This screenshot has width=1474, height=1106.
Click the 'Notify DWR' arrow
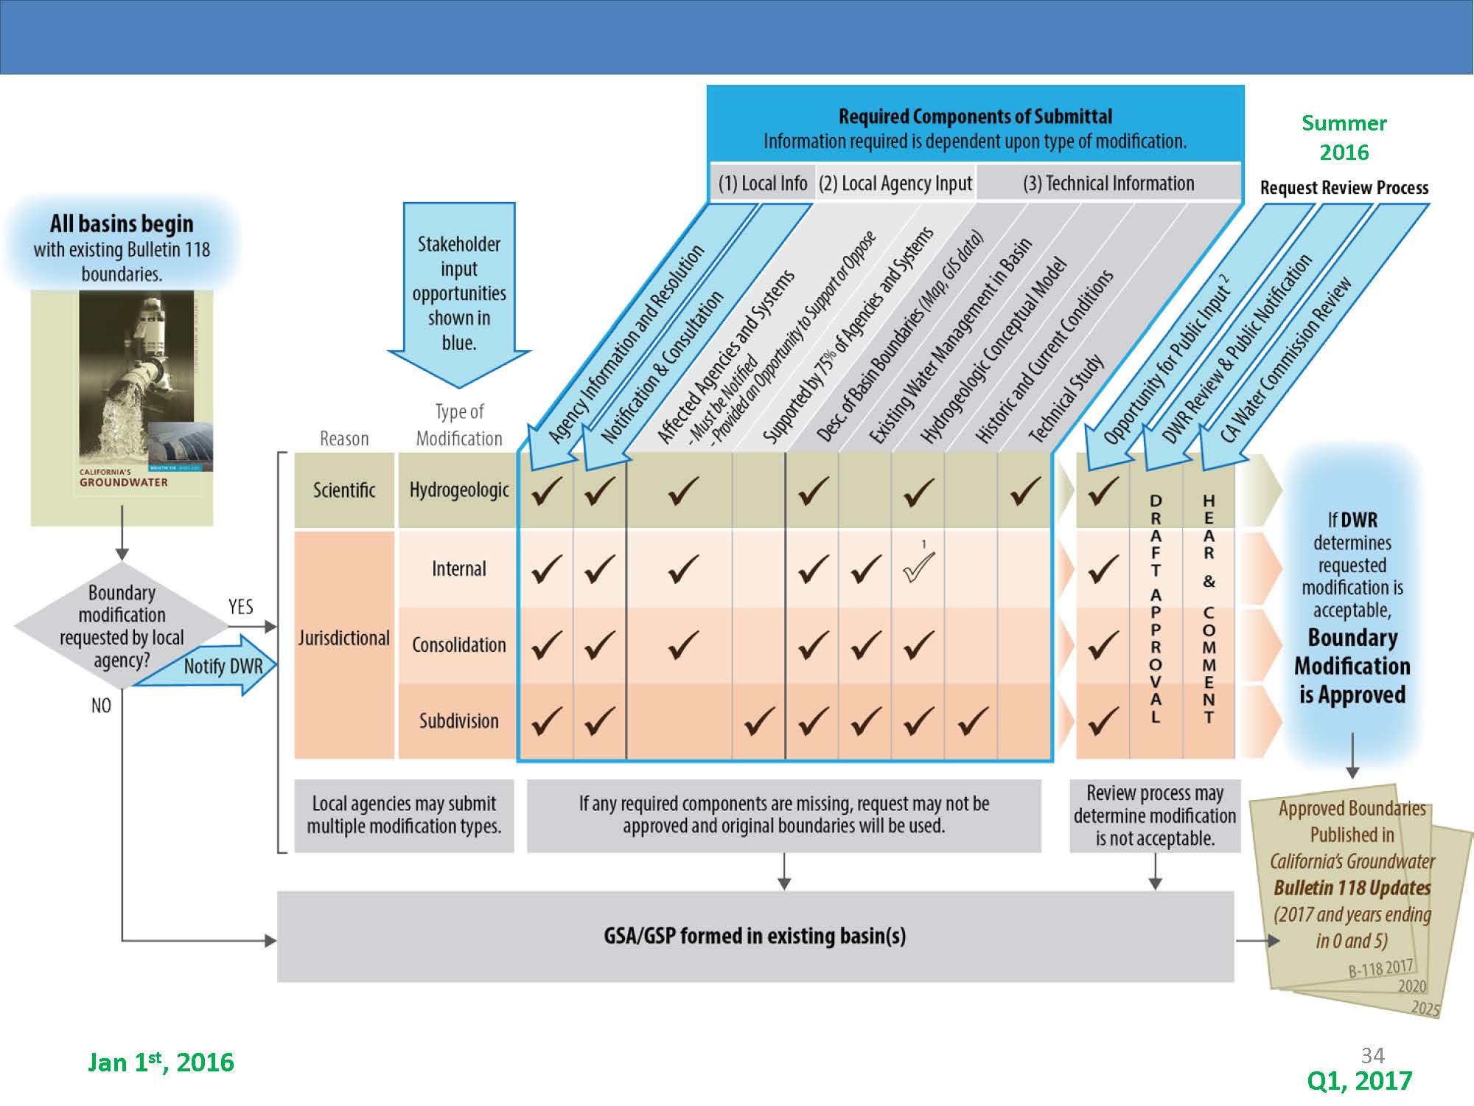[x=210, y=667]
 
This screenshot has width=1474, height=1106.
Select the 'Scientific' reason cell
[x=344, y=490]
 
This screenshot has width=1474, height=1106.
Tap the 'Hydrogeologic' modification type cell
[x=458, y=490]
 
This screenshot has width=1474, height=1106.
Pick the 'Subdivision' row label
[x=458, y=721]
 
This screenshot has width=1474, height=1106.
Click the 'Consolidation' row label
[x=458, y=645]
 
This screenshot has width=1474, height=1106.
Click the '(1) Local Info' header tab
[x=763, y=183]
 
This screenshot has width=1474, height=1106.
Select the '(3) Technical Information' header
[x=1108, y=183]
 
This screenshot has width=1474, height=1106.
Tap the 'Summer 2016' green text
[x=1344, y=137]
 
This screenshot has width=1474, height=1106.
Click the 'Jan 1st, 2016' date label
[x=161, y=1062]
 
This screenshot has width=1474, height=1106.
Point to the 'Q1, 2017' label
[x=1359, y=1080]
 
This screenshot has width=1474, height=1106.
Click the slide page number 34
[x=1372, y=1055]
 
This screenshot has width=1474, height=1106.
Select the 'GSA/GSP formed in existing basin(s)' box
[x=755, y=936]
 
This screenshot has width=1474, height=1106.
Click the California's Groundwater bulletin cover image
[x=122, y=408]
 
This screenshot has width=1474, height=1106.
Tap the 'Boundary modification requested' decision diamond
[x=122, y=626]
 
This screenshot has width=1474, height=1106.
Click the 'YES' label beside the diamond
[x=241, y=607]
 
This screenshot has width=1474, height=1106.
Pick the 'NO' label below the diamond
[x=101, y=706]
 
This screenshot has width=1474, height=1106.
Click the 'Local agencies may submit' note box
[x=404, y=815]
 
